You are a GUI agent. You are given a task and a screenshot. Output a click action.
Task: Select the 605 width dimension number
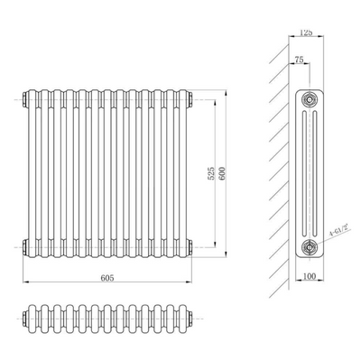coord(107,280)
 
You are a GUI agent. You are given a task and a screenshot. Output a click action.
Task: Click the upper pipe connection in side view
coord(310,98)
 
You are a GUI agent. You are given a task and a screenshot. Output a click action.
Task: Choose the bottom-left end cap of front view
coord(25,244)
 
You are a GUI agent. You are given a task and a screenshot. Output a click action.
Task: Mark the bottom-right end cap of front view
coord(190,244)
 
